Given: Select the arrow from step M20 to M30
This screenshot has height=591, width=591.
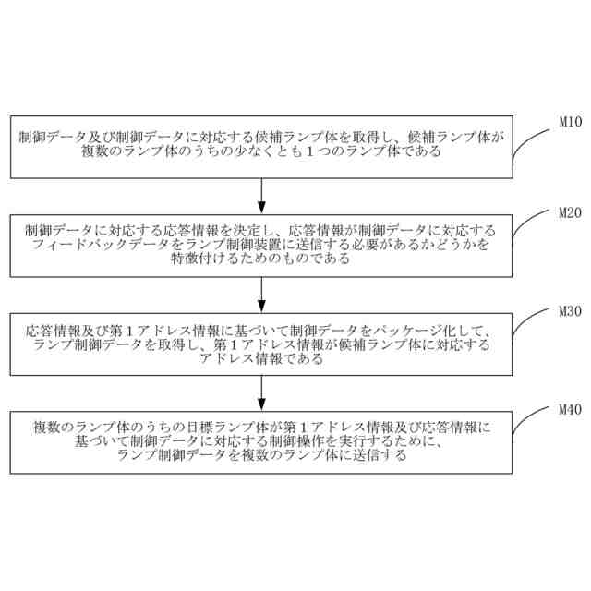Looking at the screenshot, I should (262, 294).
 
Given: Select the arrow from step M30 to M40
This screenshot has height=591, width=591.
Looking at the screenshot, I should (262, 392).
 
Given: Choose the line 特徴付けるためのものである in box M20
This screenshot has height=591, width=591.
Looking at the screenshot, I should (262, 259).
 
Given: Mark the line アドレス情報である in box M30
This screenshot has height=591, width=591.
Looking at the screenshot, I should (262, 357).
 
